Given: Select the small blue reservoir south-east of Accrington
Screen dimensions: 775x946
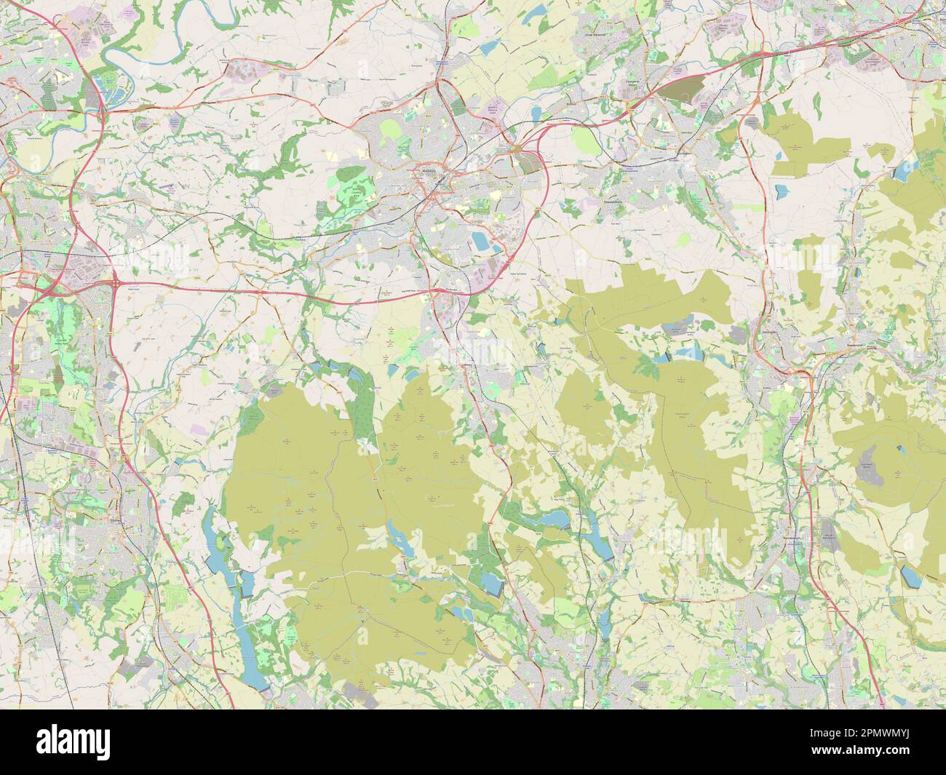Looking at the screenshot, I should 782,192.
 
